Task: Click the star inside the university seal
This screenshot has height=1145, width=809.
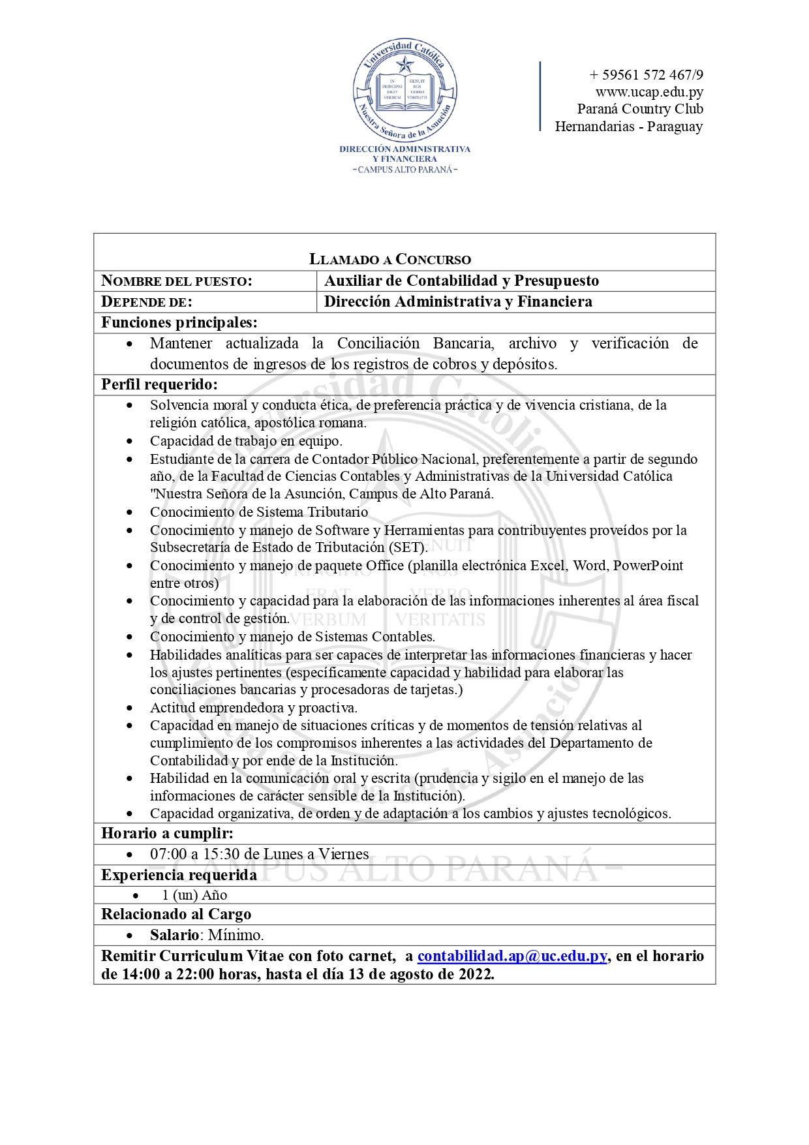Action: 405,64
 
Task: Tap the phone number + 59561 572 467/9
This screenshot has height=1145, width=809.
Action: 646,74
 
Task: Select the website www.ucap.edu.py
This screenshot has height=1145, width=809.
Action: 649,92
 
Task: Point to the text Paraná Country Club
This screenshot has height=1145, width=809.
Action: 640,109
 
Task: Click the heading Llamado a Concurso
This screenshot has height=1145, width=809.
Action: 390,259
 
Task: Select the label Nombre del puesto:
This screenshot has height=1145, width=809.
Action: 177,281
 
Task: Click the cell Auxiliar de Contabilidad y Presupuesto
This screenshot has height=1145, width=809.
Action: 461,281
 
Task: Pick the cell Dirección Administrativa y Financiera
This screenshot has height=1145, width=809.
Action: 458,301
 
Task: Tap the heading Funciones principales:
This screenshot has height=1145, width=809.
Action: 179,322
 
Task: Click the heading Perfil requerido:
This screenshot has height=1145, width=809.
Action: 159,384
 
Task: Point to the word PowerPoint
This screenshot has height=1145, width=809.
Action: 648,566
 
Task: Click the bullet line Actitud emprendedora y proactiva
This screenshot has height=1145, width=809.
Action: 254,708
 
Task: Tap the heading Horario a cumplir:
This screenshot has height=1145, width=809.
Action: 167,833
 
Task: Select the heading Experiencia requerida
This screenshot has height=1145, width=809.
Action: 179,875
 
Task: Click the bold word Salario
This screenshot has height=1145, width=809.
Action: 174,935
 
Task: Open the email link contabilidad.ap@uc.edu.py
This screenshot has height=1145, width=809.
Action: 512,956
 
